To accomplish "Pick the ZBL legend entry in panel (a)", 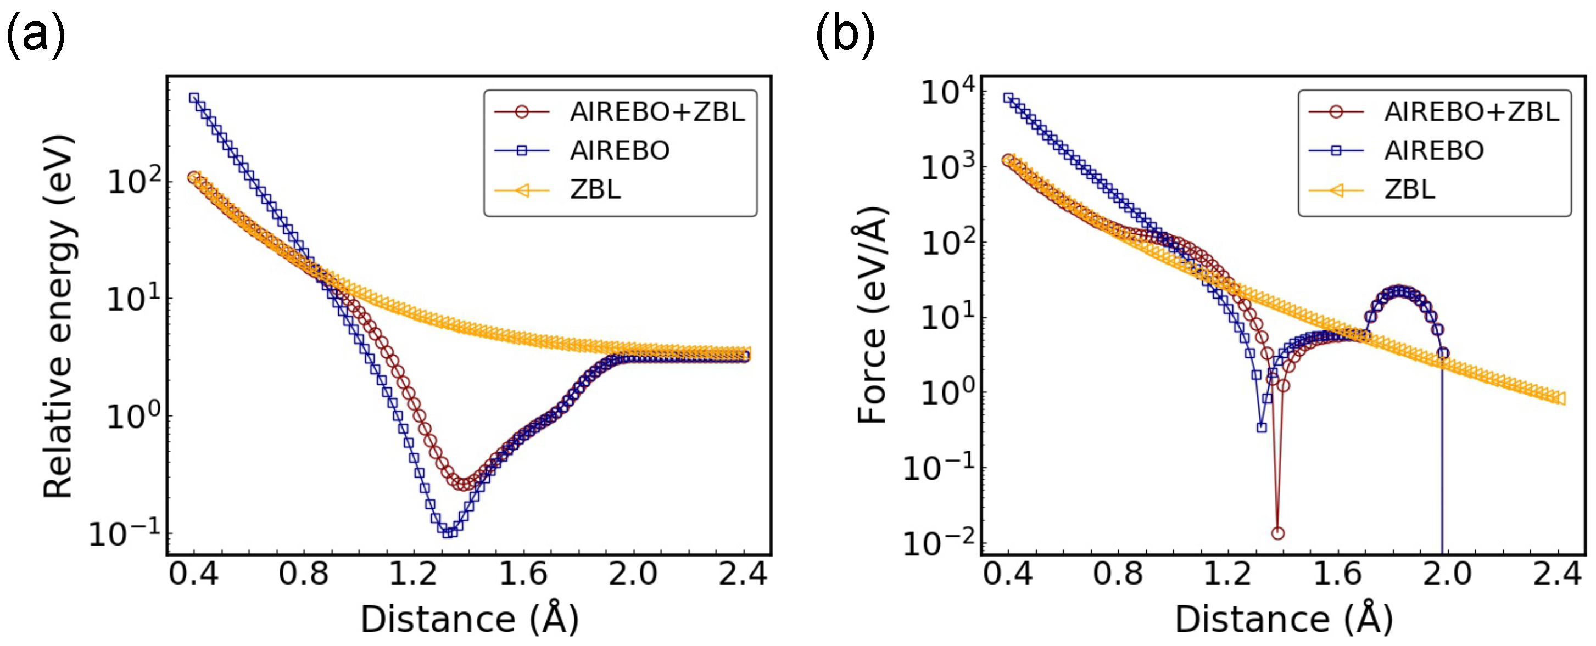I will (595, 189).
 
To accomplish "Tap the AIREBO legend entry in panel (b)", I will (1433, 150).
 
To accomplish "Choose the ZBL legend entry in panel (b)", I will (1409, 189).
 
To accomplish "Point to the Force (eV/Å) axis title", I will (872, 316).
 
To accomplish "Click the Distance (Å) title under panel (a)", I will (469, 619).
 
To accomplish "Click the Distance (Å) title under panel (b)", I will (1284, 619).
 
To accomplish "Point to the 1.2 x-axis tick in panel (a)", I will (413, 574).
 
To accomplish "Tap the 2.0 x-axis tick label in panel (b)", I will (1447, 574).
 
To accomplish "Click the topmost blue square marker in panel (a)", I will (194, 98).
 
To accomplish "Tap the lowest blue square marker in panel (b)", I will (1262, 428).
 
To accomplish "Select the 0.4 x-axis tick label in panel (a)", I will (193, 574).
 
